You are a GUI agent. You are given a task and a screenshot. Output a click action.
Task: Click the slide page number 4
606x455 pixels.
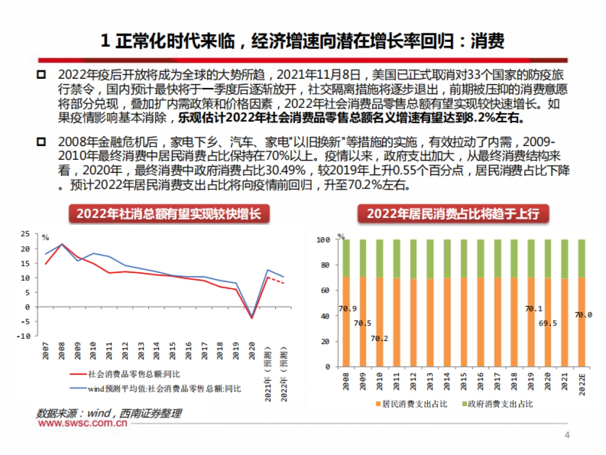[567, 435]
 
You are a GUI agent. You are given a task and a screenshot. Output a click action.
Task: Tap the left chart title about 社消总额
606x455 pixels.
[169, 214]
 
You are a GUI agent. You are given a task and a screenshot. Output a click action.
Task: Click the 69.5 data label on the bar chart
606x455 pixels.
[547, 323]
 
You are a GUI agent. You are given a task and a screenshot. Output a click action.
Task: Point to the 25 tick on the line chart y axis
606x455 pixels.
[25, 234]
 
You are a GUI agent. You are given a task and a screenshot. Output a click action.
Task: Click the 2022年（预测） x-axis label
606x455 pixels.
[284, 374]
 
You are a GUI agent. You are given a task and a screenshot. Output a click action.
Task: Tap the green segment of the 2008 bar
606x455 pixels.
[346, 258]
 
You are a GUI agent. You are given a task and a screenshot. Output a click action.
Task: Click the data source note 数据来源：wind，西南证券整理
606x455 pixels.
[109, 414]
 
